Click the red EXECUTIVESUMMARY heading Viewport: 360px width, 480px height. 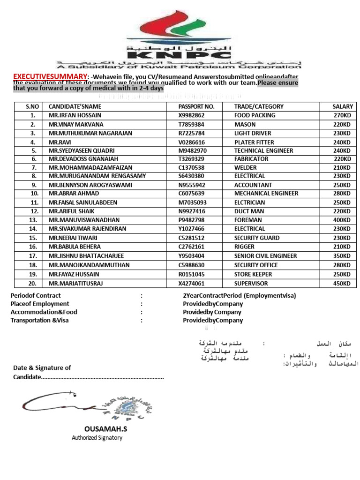coord(50,76)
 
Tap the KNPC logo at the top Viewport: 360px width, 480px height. coord(179,33)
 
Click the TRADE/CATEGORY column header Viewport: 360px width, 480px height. coord(259,106)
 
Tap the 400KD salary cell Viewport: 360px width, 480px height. coord(342,220)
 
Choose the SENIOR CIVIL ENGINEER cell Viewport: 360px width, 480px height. coord(265,256)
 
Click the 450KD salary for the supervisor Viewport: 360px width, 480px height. coord(342,283)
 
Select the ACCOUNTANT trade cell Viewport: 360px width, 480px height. coord(253,185)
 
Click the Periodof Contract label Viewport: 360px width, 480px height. coord(36,295)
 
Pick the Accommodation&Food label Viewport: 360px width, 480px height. coord(44,312)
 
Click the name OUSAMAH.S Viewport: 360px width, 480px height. coord(105,429)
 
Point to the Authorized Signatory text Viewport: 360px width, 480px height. coord(97,438)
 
